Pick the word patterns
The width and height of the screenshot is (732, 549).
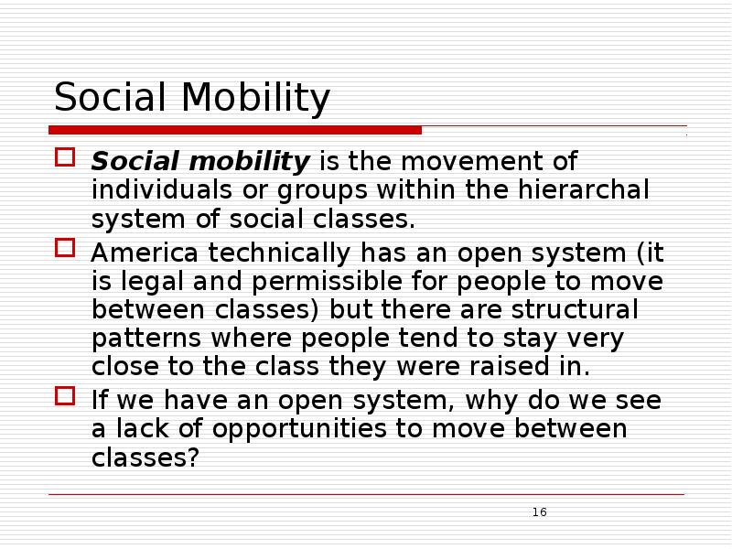click(147, 339)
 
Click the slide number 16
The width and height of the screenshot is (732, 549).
click(539, 511)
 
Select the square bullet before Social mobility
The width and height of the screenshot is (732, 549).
click(63, 158)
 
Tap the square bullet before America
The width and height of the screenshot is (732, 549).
click(63, 248)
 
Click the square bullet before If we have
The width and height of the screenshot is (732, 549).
click(63, 396)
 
